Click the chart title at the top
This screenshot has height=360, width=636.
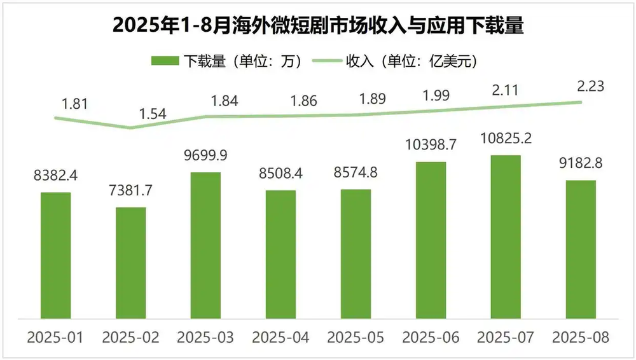pos(318,26)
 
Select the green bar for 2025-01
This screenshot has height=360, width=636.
pos(56,254)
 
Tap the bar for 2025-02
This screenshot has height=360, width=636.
pos(130,262)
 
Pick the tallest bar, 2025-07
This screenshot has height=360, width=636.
pos(506,236)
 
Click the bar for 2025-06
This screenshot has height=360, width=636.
pos(431,240)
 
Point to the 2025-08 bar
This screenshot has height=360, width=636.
pos(581,249)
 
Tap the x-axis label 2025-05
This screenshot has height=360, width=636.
pos(356,337)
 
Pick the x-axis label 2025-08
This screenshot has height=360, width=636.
pos(581,337)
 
